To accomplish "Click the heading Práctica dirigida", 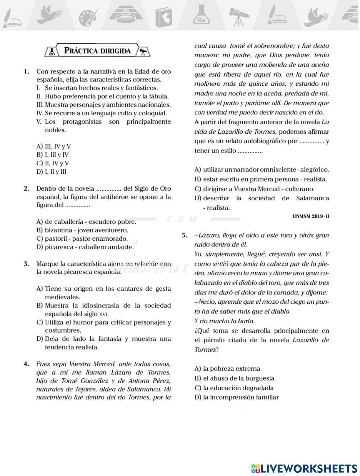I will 97,51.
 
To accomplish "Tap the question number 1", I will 26,71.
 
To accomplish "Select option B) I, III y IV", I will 53,155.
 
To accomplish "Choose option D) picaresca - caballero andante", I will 85,247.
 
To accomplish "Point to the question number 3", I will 26,264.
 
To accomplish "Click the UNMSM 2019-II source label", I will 311,217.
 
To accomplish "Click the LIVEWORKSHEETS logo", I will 304,468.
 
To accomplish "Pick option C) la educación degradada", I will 234,388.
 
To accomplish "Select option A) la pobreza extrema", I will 227,369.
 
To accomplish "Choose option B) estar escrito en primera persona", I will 261,179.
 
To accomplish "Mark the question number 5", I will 185,236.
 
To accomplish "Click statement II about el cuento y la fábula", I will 103,96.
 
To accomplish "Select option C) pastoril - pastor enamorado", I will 82,239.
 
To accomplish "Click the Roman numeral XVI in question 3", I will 103,314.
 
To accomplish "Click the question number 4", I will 26,364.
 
